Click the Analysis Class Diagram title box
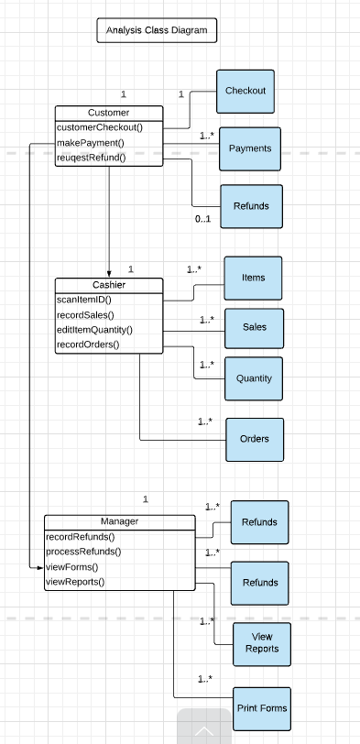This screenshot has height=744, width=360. coord(157,31)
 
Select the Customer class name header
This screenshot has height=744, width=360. coord(108,113)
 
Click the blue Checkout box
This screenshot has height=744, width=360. coord(245,91)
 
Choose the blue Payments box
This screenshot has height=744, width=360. coord(249,148)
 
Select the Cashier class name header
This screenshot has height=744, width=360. coord(108,286)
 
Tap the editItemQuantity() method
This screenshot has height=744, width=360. coord(94,330)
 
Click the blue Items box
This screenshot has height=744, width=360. coord(253,278)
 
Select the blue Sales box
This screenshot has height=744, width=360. coord(254,327)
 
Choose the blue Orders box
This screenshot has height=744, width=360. coord(254,439)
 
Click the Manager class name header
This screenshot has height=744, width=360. coord(119,522)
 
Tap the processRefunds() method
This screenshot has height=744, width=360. coord(83,552)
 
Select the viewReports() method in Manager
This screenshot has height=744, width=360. coord(75,581)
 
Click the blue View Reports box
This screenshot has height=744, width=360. coord(261,642)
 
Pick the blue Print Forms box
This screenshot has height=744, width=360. coord(261,708)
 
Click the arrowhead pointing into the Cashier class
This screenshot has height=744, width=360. coord(109,273)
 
